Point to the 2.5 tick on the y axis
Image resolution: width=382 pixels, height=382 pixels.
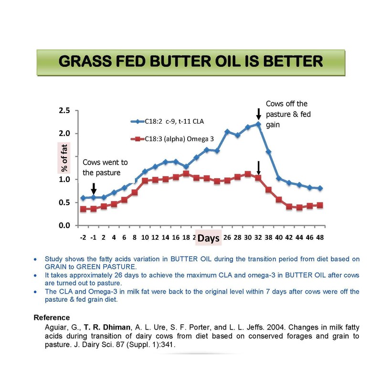pos(64,111)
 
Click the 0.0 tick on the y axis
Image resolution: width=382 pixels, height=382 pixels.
pos(64,225)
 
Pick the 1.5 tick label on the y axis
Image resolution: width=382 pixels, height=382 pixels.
pos(64,157)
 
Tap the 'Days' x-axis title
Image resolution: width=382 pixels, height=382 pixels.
pos(209,238)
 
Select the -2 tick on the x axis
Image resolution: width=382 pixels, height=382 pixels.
pos(83,237)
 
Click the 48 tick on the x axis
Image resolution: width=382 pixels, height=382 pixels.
pos(320,237)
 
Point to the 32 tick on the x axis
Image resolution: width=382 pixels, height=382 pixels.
pos(258,237)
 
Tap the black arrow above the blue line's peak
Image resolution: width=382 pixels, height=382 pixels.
pos(258,114)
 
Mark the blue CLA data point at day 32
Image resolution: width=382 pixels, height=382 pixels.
pos(258,124)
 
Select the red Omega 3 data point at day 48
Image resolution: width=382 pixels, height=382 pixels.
pos(320,205)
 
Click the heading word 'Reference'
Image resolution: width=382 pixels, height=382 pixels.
pos(52,318)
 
